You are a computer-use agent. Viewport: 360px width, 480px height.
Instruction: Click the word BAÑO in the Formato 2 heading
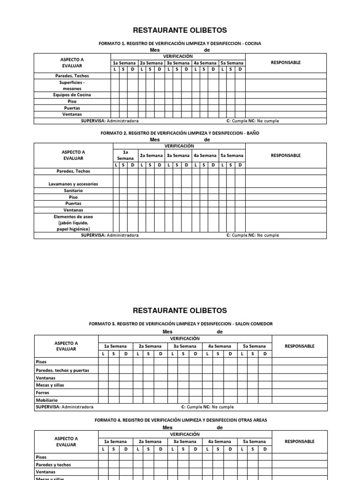(x=252, y=133)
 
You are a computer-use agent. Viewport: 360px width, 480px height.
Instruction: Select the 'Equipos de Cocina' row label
(x=72, y=95)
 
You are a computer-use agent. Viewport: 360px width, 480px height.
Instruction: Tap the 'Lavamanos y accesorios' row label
(x=73, y=184)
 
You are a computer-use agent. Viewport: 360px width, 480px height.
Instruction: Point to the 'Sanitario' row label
(x=73, y=191)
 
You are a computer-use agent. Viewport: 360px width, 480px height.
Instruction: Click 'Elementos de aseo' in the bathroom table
(x=73, y=217)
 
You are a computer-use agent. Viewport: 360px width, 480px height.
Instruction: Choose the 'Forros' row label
(x=43, y=393)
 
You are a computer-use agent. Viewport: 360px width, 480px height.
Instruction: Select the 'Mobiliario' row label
(x=46, y=400)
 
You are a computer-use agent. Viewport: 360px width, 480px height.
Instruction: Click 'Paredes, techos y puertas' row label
(x=62, y=370)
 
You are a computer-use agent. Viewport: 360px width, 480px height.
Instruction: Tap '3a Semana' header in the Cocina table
(x=178, y=63)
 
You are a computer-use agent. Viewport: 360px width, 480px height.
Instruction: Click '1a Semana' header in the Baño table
(x=125, y=155)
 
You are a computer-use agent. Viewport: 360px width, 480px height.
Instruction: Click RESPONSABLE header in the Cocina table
(x=286, y=63)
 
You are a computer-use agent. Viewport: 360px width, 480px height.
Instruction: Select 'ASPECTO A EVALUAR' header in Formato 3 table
(x=66, y=346)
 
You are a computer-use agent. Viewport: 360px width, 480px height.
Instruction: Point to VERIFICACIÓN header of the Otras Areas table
(x=185, y=435)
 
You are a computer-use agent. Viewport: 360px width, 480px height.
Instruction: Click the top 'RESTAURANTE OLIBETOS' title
(x=180, y=30)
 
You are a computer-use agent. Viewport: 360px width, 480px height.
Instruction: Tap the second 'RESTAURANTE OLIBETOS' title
(x=180, y=310)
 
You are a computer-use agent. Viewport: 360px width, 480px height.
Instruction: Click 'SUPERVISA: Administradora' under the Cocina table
(x=110, y=121)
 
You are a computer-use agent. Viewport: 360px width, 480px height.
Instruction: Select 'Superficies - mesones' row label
(x=72, y=85)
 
